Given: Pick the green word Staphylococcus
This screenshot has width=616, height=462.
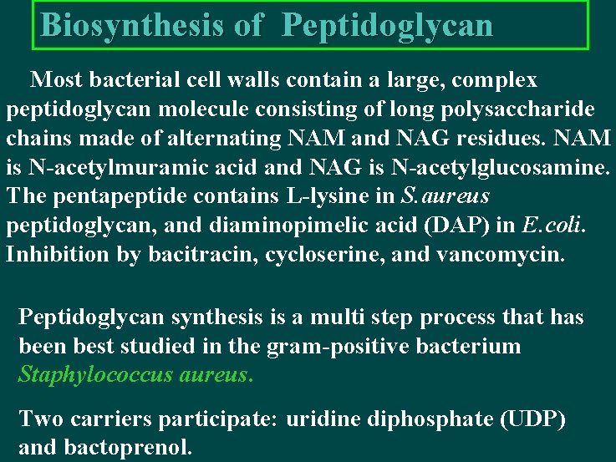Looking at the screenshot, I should tap(94, 374).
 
